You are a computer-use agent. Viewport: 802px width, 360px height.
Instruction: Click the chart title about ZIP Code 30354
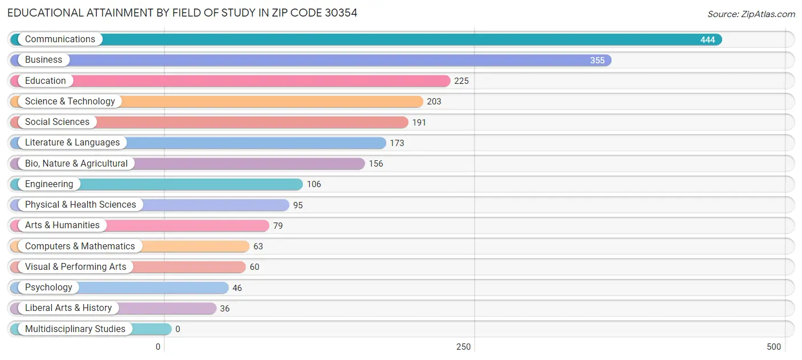[183, 13]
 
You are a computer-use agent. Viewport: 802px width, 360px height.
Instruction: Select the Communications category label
[60, 39]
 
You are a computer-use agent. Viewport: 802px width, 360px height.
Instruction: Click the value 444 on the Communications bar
[707, 40]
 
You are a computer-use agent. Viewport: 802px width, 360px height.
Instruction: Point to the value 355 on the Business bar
[597, 60]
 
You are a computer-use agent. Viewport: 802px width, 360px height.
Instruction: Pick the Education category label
[45, 81]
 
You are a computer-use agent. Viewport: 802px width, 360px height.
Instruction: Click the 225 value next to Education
[461, 81]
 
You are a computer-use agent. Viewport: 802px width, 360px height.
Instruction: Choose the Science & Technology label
[70, 102]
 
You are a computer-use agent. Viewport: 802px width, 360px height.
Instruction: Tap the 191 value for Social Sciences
[419, 123]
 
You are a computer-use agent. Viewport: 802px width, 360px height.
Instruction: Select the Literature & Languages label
[72, 143]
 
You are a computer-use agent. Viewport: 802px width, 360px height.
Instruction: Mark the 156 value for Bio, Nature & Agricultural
[376, 164]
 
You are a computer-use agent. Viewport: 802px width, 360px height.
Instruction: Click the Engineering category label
[49, 184]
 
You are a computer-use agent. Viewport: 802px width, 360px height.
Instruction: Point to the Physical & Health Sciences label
[80, 205]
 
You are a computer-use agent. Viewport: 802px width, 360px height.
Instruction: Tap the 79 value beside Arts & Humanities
[278, 226]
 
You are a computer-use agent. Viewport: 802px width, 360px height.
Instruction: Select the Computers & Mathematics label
[80, 246]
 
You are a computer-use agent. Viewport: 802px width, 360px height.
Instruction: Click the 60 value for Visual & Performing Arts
[254, 267]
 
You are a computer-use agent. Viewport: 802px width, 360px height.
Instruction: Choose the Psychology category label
[48, 288]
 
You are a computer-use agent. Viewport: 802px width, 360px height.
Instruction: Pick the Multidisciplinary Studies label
[75, 329]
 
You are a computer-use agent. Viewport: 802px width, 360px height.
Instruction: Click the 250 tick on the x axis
[463, 347]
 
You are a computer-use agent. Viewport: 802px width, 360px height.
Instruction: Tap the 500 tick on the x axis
[773, 347]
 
